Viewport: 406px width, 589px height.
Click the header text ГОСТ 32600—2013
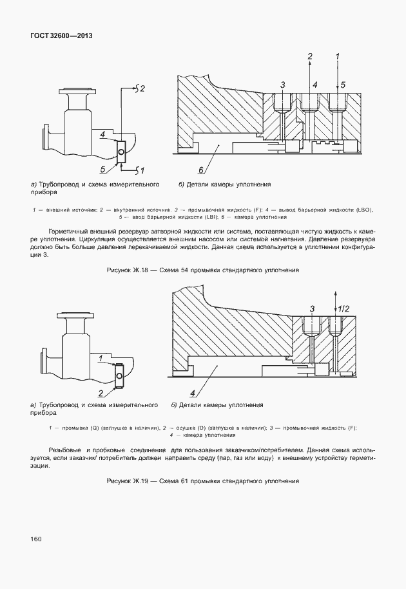coord(61,35)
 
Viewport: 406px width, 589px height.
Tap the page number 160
coord(36,539)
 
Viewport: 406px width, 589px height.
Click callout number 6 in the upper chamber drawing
coord(200,170)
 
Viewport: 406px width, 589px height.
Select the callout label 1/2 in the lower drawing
coord(345,310)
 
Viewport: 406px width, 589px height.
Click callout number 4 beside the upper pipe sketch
coord(102,135)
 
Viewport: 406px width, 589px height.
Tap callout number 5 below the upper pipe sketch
coord(102,169)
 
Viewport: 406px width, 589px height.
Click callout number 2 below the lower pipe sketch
coord(101,392)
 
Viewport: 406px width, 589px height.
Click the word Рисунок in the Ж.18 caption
coord(120,270)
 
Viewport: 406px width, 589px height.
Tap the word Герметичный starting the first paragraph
coord(68,231)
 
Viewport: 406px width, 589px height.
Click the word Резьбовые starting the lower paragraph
coord(64,449)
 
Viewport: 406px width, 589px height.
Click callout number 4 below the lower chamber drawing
coord(192,393)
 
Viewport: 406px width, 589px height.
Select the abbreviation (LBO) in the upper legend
coord(363,210)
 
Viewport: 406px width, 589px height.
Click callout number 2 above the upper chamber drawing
coord(310,56)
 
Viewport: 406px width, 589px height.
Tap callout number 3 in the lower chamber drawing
coord(312,309)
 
